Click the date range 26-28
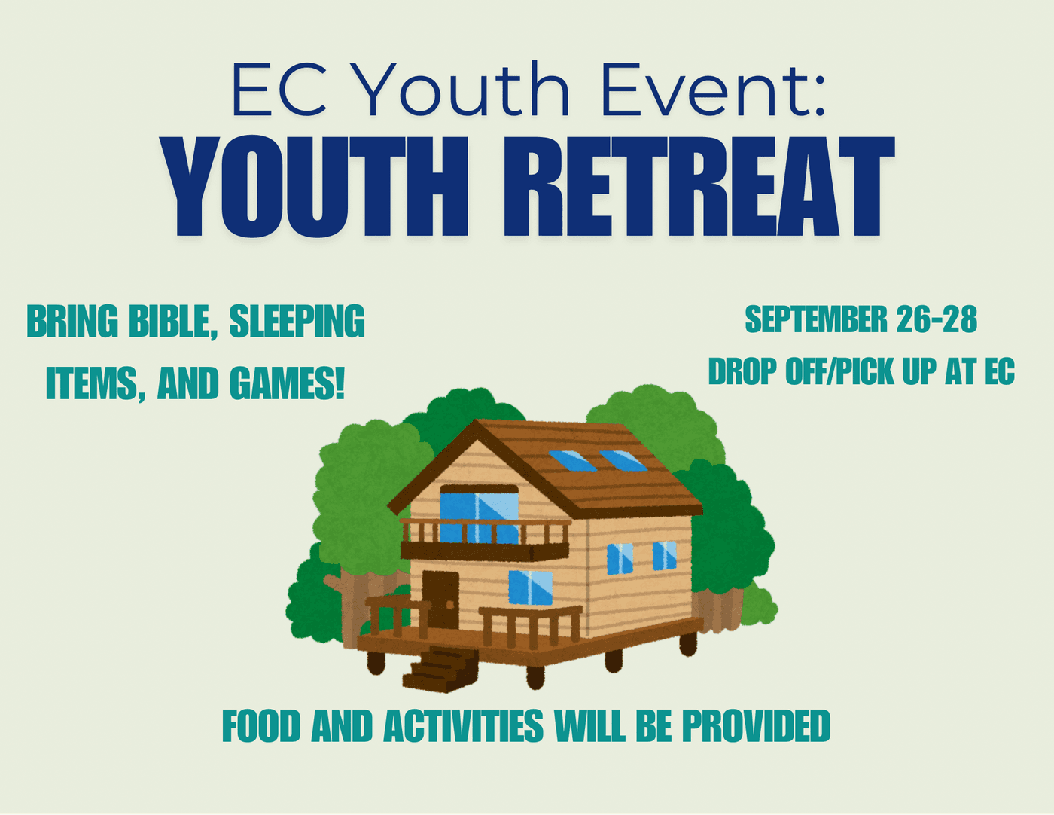[937, 319]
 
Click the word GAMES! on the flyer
[287, 383]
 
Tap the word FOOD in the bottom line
[261, 725]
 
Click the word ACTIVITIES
[464, 725]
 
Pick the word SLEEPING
[297, 321]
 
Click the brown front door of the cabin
[440, 600]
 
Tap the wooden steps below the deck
[440, 668]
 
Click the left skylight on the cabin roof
[573, 461]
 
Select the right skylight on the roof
[623, 461]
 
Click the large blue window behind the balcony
[480, 517]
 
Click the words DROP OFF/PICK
[801, 372]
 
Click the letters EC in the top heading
[280, 90]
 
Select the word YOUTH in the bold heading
[315, 186]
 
